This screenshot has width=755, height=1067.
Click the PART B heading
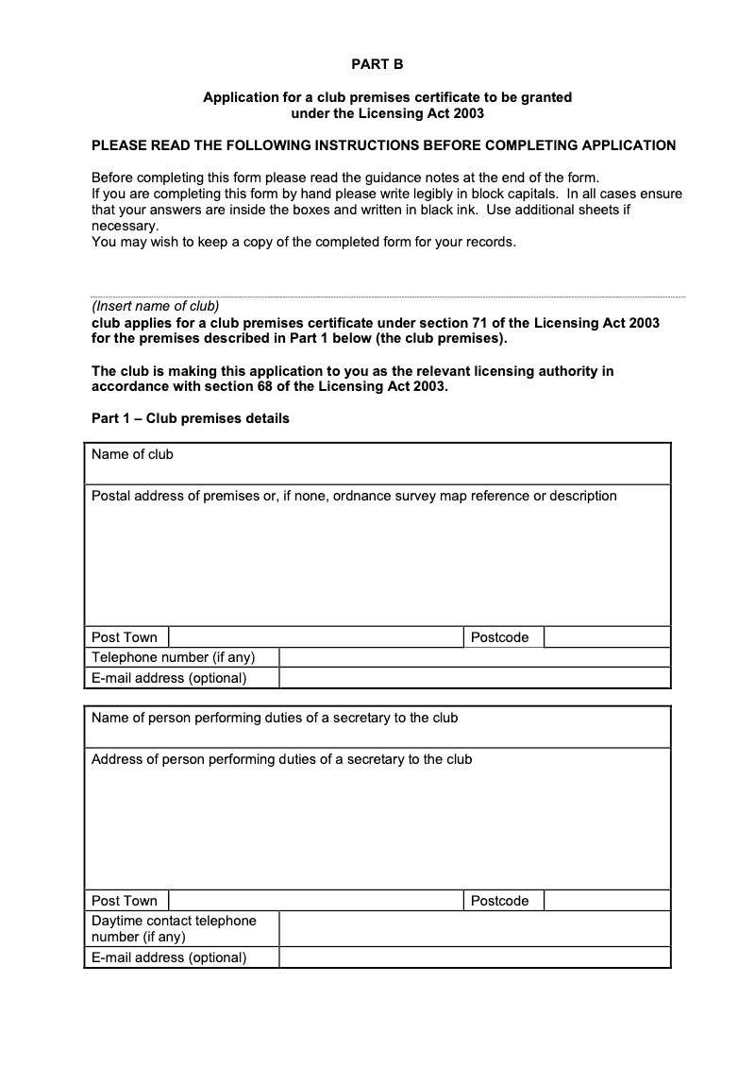(377, 64)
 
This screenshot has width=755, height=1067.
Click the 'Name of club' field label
(132, 454)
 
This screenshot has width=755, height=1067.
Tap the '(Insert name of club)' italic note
(155, 306)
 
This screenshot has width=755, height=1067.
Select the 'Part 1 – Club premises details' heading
(191, 418)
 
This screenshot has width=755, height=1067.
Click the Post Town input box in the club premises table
(315, 637)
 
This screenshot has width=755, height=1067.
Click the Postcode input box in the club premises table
(607, 637)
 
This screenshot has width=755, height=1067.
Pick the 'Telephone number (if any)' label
(173, 657)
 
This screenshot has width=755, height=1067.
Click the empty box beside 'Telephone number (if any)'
(475, 657)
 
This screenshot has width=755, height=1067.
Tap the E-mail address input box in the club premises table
(475, 678)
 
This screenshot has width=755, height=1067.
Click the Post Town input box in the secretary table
(315, 901)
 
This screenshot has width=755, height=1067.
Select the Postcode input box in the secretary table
(607, 901)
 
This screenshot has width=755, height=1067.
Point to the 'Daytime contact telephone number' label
(174, 928)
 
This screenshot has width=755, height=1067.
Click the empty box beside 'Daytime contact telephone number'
(475, 928)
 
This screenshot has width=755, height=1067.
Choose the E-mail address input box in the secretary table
(475, 957)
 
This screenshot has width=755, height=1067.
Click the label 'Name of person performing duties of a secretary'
(275, 718)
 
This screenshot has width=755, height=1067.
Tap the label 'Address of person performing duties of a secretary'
(281, 759)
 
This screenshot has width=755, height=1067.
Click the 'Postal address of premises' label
(354, 496)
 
